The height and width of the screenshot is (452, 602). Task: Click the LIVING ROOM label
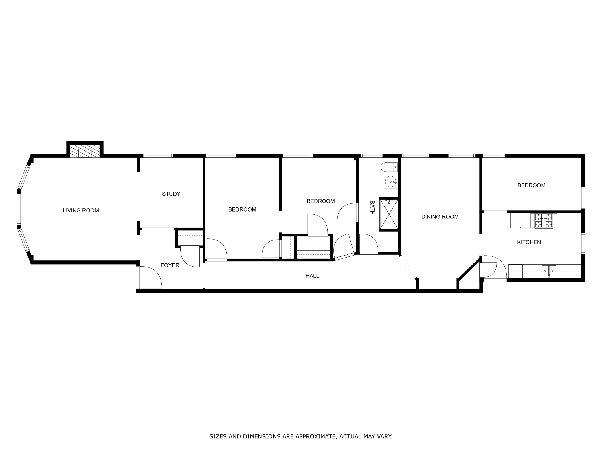click(81, 210)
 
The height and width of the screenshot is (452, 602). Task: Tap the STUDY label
click(171, 194)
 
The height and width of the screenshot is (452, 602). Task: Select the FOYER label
click(170, 265)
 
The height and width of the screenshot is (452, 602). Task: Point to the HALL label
click(312, 276)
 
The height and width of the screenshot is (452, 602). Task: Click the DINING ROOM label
click(440, 217)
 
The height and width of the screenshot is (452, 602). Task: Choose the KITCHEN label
click(529, 242)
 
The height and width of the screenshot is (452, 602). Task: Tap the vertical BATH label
click(372, 207)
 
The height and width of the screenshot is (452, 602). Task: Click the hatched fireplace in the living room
click(85, 152)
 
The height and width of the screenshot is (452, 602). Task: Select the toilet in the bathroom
click(389, 167)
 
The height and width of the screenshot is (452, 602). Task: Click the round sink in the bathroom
click(391, 181)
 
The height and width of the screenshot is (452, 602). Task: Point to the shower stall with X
click(389, 214)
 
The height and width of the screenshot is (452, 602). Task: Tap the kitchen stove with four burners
click(543, 221)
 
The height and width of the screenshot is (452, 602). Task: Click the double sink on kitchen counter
click(549, 271)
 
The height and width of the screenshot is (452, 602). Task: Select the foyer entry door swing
click(149, 278)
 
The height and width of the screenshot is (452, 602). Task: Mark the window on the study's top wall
click(158, 156)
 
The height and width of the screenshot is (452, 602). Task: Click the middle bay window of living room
click(19, 210)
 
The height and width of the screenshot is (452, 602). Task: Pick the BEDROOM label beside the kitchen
click(531, 185)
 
